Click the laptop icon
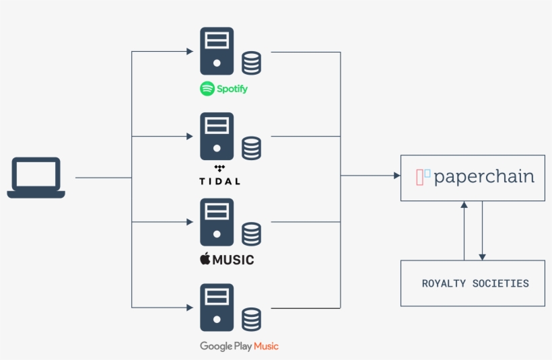(x=36, y=178)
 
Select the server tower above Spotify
(x=216, y=51)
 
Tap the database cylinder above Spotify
(x=252, y=63)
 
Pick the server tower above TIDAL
(x=216, y=136)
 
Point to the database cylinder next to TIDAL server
(x=252, y=148)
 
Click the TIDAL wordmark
(x=219, y=181)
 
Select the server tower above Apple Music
(x=216, y=221)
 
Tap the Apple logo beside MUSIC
(x=205, y=259)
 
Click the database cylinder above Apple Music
(x=252, y=233)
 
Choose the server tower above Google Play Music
(x=216, y=307)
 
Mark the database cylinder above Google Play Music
(x=252, y=319)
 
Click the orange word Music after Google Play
(x=266, y=346)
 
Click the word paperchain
(x=484, y=177)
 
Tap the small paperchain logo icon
(x=423, y=177)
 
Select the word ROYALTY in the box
(x=444, y=283)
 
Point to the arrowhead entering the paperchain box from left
(x=396, y=176)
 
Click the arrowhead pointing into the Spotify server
(x=190, y=51)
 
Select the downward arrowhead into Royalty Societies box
(x=482, y=256)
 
